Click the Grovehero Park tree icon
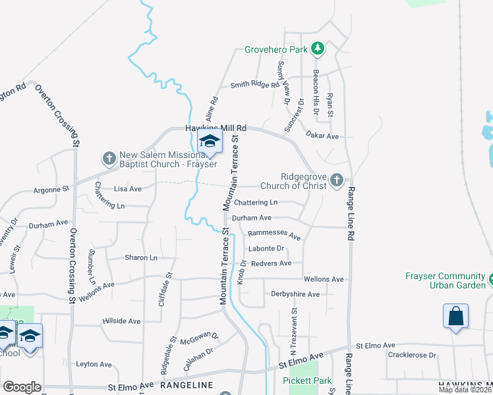318,49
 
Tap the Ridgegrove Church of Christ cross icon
337,180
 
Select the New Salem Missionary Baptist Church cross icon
109,158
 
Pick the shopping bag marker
455,317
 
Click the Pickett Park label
307,381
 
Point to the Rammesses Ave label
274,234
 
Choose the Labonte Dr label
266,249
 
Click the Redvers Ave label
271,263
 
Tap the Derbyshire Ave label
295,294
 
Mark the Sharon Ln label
141,258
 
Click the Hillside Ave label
121,321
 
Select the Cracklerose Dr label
413,355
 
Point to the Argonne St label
51,190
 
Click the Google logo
22,386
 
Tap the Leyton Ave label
94,364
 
